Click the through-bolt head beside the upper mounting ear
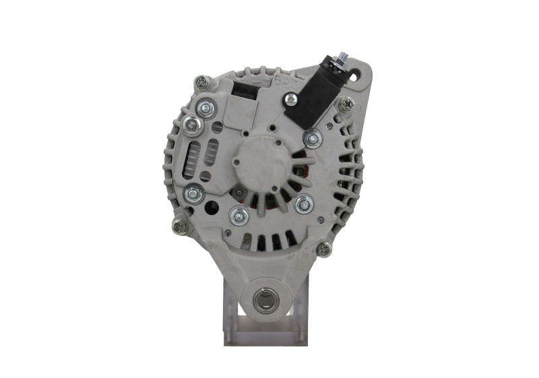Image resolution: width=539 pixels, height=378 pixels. click(x=346, y=103)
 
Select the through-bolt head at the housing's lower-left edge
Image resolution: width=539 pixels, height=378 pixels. click(x=180, y=227)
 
